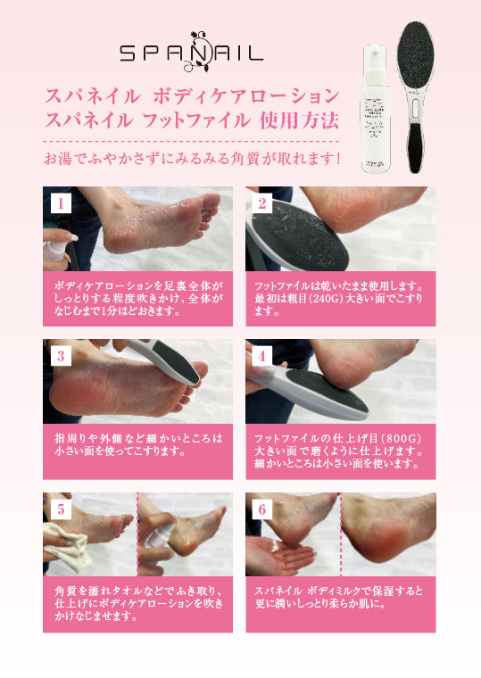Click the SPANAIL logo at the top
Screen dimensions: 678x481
click(x=193, y=53)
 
